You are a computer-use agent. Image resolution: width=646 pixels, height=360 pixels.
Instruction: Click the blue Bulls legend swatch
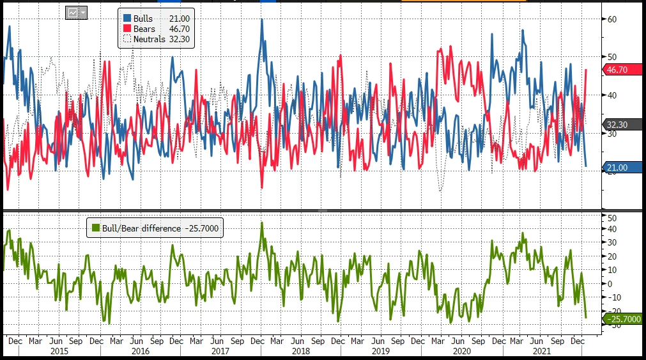click(x=127, y=19)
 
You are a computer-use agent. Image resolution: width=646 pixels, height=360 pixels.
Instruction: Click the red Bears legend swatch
click(x=127, y=29)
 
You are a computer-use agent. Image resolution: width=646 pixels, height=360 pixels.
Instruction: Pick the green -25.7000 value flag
click(x=622, y=317)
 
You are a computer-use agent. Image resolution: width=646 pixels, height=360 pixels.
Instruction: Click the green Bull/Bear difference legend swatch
click(x=94, y=228)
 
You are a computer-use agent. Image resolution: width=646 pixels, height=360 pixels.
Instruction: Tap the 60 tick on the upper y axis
click(x=611, y=19)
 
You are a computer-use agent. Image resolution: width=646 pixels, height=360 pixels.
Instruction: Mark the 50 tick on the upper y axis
click(x=611, y=57)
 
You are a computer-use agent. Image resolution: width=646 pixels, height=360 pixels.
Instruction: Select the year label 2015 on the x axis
click(x=59, y=352)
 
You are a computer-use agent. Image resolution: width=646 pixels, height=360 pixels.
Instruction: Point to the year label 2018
click(x=300, y=352)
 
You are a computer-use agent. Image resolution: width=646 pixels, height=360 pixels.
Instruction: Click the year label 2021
click(x=542, y=352)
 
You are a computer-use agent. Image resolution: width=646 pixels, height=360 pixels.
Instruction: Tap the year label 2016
click(x=140, y=352)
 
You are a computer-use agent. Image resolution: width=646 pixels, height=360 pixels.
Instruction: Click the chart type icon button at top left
click(x=75, y=13)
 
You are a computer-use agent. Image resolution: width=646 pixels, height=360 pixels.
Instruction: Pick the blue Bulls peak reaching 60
click(x=262, y=20)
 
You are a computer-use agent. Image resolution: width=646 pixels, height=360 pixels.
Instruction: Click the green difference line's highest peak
click(x=262, y=223)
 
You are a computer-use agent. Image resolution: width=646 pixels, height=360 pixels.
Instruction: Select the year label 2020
click(x=461, y=352)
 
